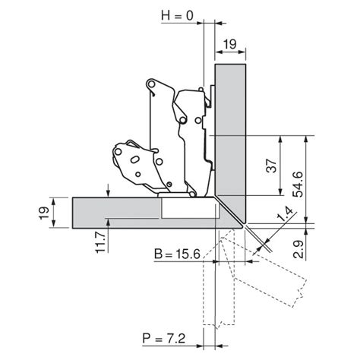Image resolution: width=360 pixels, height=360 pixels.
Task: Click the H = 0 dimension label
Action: click(x=177, y=16)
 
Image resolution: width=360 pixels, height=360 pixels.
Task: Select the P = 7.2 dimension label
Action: click(x=164, y=339)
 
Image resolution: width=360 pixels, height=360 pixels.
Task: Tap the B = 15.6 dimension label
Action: click(x=177, y=254)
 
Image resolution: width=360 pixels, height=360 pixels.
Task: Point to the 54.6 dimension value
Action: click(x=298, y=185)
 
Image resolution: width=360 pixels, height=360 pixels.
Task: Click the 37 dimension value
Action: click(x=272, y=166)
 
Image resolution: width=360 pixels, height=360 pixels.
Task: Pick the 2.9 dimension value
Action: click(x=298, y=249)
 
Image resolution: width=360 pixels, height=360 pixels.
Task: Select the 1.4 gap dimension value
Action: click(x=285, y=214)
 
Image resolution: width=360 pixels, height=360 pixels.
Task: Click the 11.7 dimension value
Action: click(x=100, y=242)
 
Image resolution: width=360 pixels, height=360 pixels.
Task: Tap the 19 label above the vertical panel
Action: click(x=229, y=44)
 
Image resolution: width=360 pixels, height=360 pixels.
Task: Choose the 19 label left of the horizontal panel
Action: click(x=44, y=213)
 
